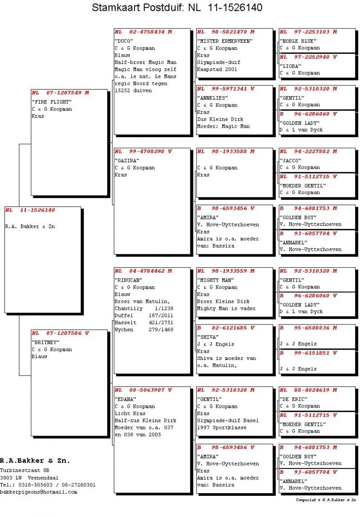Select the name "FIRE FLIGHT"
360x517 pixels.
tap(48, 102)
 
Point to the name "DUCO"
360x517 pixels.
tap(122, 41)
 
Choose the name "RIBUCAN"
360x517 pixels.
tap(128, 280)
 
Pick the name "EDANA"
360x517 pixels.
tap(125, 399)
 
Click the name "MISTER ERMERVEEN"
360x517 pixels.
tap(222, 41)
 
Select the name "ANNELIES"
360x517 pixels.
tap(211, 98)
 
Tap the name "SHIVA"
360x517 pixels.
tap(207, 337)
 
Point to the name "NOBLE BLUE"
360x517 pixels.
tap(295, 41)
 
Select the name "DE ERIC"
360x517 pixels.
tap(293, 399)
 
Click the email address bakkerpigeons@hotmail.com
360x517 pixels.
tap(39, 492)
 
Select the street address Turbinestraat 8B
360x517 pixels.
tap(25, 470)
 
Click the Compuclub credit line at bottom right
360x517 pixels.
tap(326, 500)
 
